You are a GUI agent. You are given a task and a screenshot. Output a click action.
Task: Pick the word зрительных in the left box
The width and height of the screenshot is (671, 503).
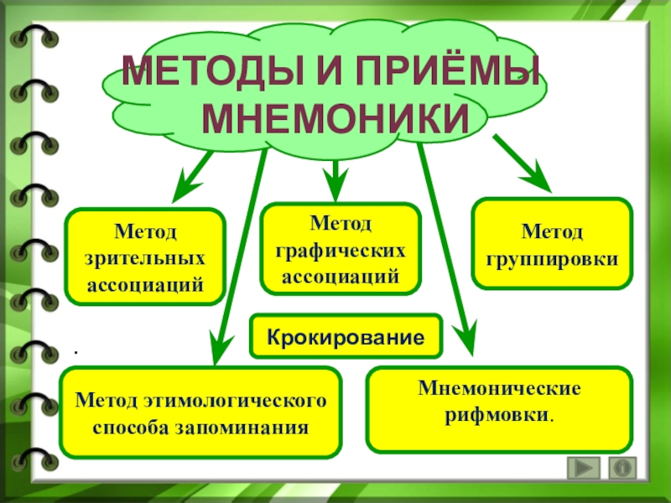[146, 257]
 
